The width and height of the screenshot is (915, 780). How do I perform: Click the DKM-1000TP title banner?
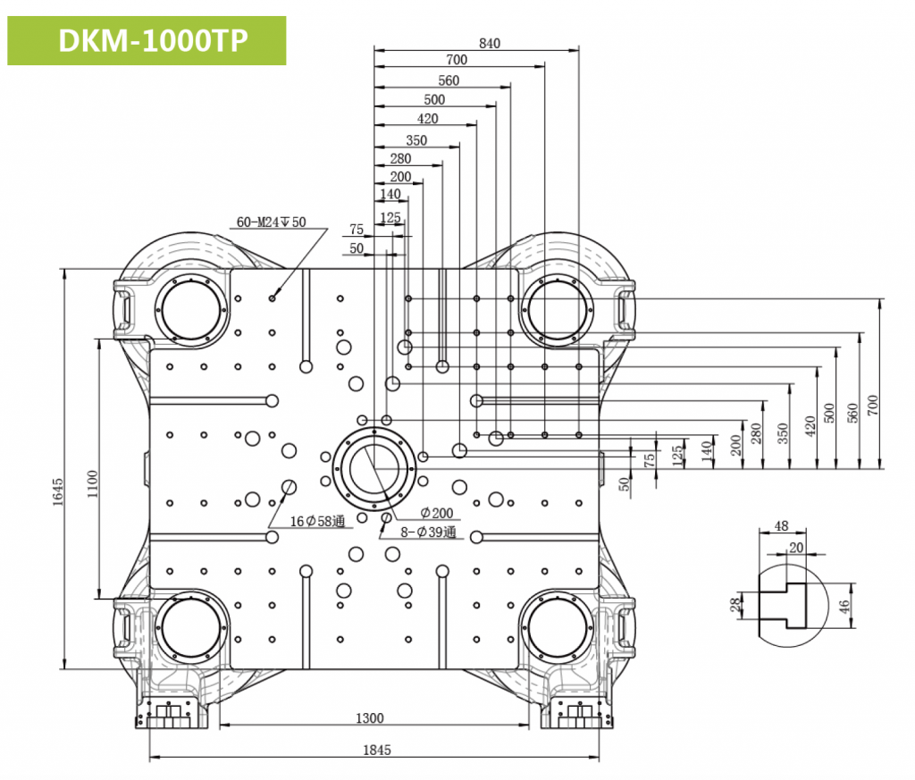pos(147,40)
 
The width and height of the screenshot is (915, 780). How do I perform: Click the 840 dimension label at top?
pos(490,43)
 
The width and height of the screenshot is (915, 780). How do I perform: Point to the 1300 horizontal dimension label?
pos(369,718)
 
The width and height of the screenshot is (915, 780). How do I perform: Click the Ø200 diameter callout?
pos(437,514)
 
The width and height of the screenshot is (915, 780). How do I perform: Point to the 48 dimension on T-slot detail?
pos(781,526)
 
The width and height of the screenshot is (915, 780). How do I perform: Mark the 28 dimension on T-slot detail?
pos(735,607)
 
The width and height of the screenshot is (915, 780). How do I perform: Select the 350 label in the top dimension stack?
pos(416,140)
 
